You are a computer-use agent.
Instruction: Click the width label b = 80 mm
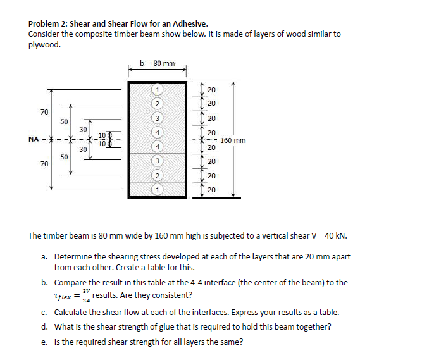pos(157,63)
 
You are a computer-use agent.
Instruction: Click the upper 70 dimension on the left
pos(44,112)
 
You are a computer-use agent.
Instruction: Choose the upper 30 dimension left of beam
pos(83,129)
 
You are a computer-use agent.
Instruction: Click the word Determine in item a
pos(74,257)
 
